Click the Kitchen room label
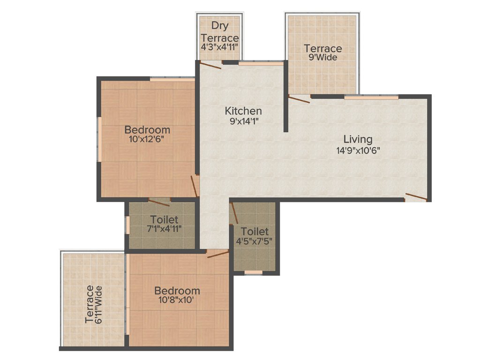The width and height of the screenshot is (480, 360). (243, 111)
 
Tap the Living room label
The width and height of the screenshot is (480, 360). (358, 139)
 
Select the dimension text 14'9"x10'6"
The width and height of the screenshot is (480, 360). (358, 150)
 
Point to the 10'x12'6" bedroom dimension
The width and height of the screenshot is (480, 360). (147, 139)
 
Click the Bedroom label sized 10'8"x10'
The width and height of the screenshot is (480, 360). (177, 291)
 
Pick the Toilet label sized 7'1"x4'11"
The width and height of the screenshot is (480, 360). (164, 219)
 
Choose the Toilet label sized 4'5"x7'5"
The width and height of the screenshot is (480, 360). (255, 232)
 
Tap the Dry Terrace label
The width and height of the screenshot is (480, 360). (219, 31)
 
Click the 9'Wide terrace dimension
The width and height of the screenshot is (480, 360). (323, 58)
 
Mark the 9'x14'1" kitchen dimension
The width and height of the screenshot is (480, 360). (244, 121)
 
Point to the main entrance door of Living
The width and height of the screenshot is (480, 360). (416, 196)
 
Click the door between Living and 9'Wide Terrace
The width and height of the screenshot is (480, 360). (299, 99)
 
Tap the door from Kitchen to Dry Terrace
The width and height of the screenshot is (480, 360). (210, 65)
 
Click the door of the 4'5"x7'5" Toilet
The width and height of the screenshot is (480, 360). (234, 213)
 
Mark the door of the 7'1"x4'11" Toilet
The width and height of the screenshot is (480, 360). (159, 202)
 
